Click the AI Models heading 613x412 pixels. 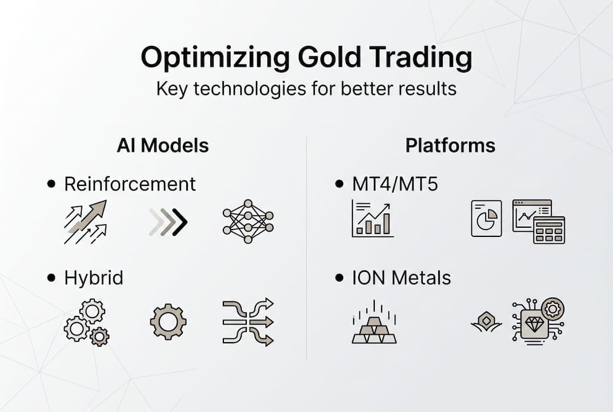coord(163,145)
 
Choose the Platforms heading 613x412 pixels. coord(450,145)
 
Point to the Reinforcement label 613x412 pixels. coord(130,184)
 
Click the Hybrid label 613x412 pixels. coord(94,278)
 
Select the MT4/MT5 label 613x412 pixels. coord(395,184)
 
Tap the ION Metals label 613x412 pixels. coord(401,278)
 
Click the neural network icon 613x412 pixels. coord(248,221)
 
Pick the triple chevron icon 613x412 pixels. coord(168,222)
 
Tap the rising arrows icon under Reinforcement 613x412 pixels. coord(85,222)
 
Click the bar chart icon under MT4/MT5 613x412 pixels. coord(372,219)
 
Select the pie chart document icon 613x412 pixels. coord(486,219)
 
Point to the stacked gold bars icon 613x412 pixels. coord(374,326)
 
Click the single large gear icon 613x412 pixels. coord(168,322)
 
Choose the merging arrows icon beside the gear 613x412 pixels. coord(248,322)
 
